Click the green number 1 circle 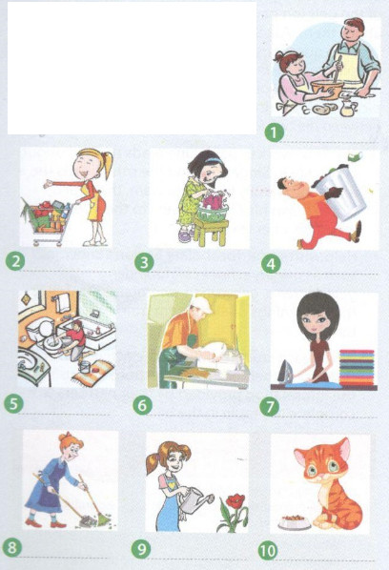click(x=274, y=132)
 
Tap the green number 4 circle click(x=271, y=264)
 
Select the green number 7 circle click(x=270, y=406)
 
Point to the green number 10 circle click(x=268, y=551)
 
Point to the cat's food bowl click(x=295, y=522)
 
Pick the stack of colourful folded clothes click(x=357, y=367)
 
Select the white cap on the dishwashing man click(x=202, y=305)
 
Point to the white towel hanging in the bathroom click(x=63, y=303)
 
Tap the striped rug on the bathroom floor click(x=92, y=373)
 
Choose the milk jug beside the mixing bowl click(x=348, y=109)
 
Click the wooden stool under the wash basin click(x=211, y=233)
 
